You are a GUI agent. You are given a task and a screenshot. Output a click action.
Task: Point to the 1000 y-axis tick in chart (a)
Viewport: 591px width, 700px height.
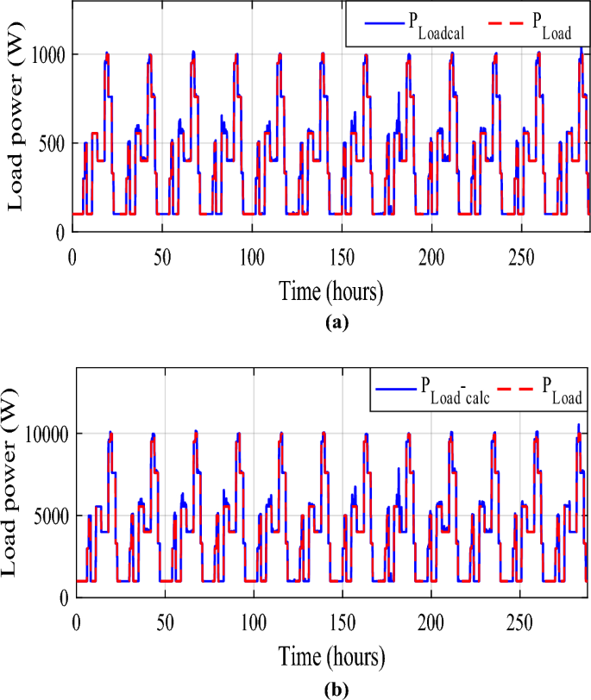(x=47, y=54)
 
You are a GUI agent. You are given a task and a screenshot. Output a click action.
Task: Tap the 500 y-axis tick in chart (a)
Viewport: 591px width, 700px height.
(x=52, y=143)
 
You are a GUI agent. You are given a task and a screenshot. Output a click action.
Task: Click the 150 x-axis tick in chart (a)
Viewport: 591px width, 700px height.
(x=341, y=256)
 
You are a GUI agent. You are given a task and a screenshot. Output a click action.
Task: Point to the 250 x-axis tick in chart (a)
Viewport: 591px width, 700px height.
(x=517, y=256)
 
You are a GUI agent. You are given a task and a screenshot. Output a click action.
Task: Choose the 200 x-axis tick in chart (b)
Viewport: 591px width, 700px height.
(x=429, y=621)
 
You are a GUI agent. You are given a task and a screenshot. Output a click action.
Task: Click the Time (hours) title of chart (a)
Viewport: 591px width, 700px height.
(x=330, y=291)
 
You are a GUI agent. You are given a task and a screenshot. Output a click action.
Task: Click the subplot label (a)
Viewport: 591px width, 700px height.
(x=332, y=324)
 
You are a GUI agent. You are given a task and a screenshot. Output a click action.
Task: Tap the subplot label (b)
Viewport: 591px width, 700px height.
(x=332, y=690)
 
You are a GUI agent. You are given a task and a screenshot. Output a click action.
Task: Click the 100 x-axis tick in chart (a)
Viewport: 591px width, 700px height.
(x=253, y=256)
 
